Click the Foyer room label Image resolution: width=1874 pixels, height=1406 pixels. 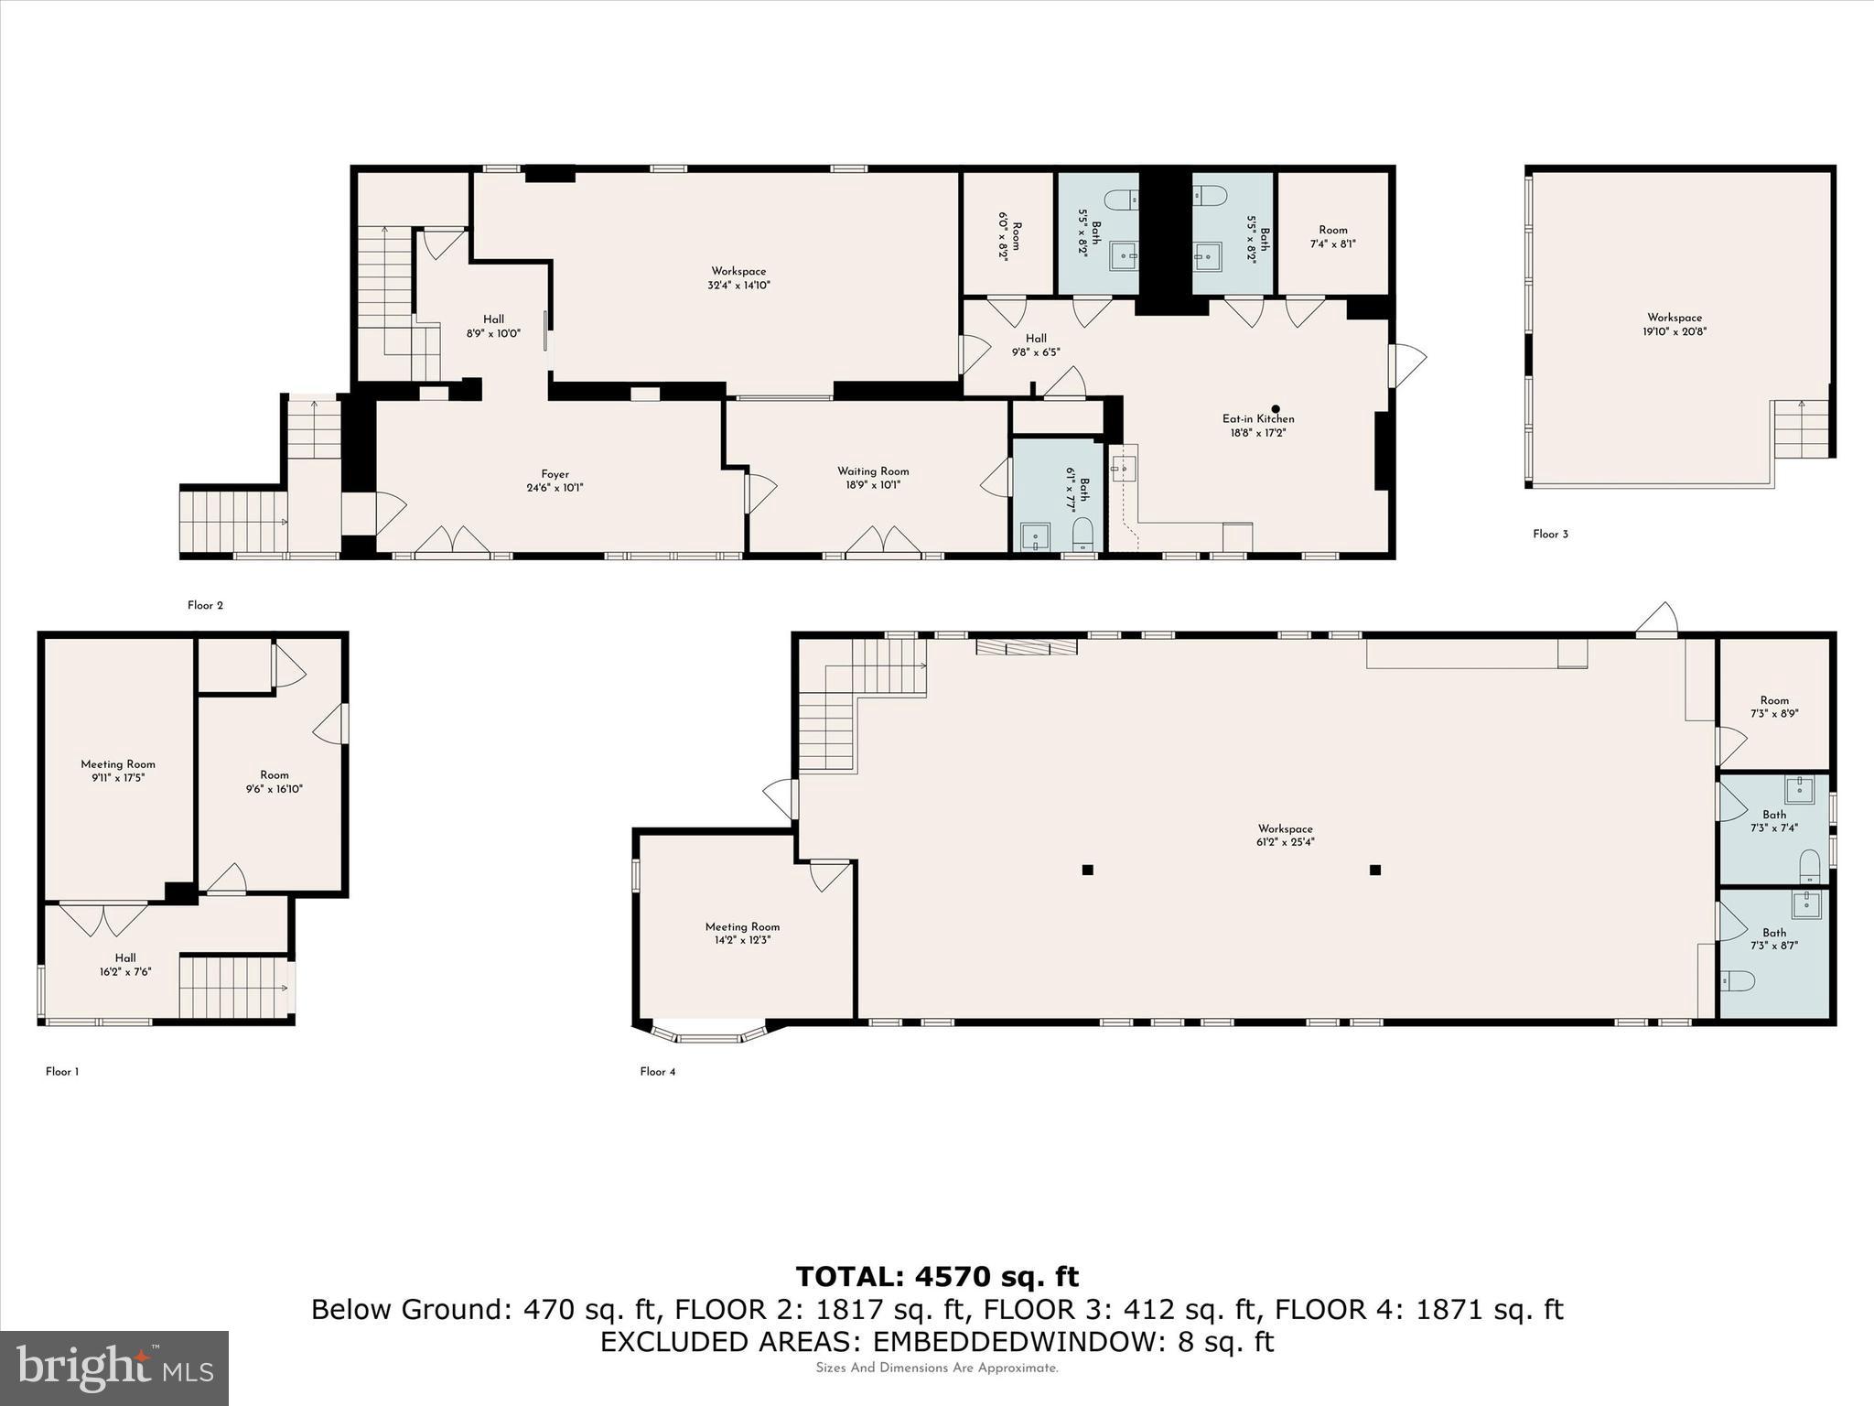point(555,474)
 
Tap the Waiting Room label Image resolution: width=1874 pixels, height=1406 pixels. point(873,471)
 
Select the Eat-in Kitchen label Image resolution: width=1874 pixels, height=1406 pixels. point(1258,419)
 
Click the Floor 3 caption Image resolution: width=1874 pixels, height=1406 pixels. point(1550,535)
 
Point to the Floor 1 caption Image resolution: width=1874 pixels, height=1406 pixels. point(62,1072)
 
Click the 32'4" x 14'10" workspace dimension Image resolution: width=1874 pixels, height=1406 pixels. point(738,286)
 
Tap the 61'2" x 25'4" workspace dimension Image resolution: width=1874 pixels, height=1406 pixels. point(1285,842)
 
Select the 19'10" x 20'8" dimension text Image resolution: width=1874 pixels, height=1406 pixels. point(1674,332)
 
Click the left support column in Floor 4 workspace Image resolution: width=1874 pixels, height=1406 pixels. point(1087,870)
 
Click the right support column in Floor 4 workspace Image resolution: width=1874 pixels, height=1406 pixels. point(1374,870)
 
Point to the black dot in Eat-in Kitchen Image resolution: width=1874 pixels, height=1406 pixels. point(1276,409)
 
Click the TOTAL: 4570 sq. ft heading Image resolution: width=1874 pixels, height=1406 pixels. point(937,1277)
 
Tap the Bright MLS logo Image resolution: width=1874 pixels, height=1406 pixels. point(114,1368)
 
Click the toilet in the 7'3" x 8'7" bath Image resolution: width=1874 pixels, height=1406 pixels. point(1737,981)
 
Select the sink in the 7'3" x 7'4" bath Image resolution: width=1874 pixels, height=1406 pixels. point(1799,789)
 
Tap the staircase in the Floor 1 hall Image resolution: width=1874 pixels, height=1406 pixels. point(234,988)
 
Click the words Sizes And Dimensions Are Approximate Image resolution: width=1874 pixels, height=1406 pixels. point(937,1368)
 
